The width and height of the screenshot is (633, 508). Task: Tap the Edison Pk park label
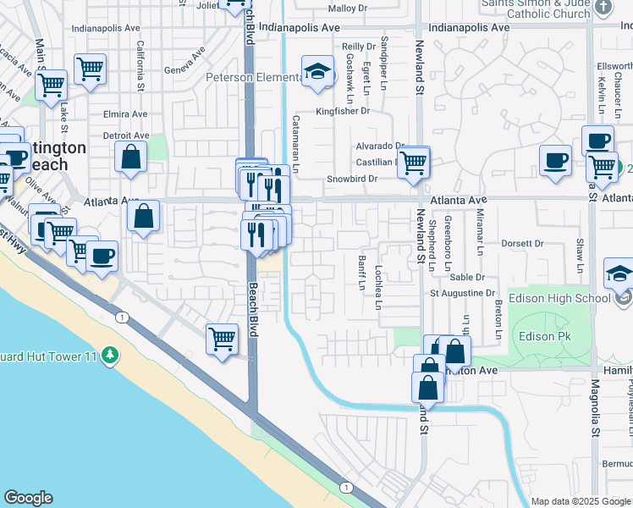click(547, 336)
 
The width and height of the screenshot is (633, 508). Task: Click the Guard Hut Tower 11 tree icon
click(109, 355)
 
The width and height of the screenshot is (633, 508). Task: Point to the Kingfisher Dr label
click(343, 111)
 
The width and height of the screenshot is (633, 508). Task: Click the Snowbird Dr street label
click(352, 179)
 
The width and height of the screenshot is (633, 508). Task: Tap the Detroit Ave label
click(126, 135)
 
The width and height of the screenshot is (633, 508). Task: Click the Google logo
click(29, 498)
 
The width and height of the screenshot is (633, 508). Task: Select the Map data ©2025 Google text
click(580, 501)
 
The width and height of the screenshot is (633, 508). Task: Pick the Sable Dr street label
click(467, 277)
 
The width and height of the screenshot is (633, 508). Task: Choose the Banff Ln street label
click(361, 273)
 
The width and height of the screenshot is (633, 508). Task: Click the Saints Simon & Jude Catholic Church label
click(537, 8)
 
